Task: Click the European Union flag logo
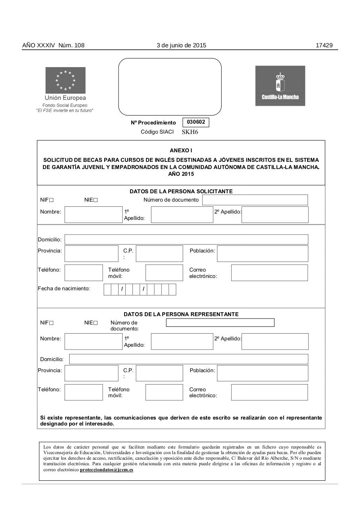(65, 80)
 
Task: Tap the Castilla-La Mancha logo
(280, 86)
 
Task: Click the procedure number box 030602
(196, 122)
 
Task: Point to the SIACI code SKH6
(190, 132)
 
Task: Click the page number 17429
(324, 45)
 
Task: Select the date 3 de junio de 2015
(181, 45)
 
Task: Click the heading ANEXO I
(181, 150)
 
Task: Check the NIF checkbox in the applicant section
(51, 200)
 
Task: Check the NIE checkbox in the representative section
(95, 323)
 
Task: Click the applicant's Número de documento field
(255, 200)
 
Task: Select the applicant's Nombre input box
(93, 214)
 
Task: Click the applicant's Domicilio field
(186, 239)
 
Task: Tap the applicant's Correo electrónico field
(269, 273)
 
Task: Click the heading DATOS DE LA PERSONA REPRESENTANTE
(181, 314)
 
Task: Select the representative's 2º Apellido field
(275, 342)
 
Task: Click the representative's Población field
(263, 373)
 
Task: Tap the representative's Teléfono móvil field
(164, 392)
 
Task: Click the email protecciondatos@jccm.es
(107, 470)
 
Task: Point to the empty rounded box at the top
(170, 87)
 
